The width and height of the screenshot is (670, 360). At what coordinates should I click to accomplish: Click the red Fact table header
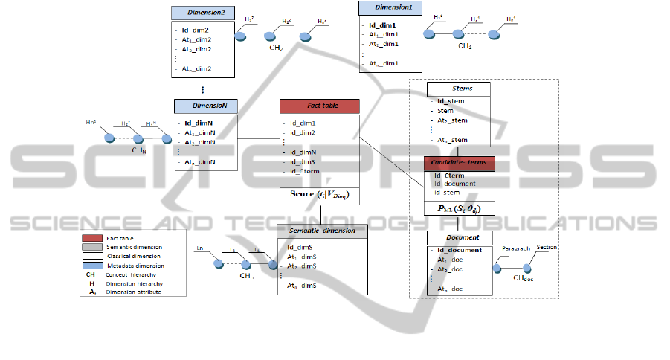(x=320, y=107)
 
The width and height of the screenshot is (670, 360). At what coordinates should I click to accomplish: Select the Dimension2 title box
(x=203, y=13)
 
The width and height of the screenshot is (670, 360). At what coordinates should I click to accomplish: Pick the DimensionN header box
(x=206, y=106)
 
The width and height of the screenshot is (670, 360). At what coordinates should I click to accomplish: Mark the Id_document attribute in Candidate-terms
(x=455, y=184)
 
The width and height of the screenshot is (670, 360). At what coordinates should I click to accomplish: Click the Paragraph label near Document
(x=516, y=249)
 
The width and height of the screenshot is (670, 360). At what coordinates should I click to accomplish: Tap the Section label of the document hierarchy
(x=547, y=247)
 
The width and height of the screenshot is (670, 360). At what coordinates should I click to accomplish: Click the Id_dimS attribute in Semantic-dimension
(x=300, y=246)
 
